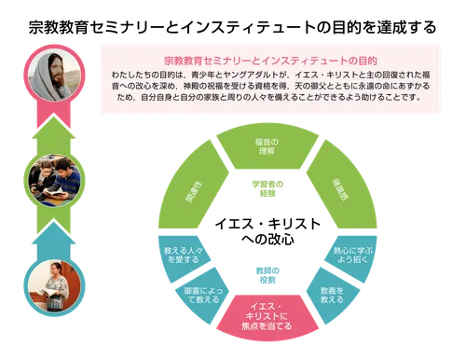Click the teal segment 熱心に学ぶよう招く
click(352, 256)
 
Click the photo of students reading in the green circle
click(50, 178)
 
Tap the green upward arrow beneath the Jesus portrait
click(50, 129)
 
